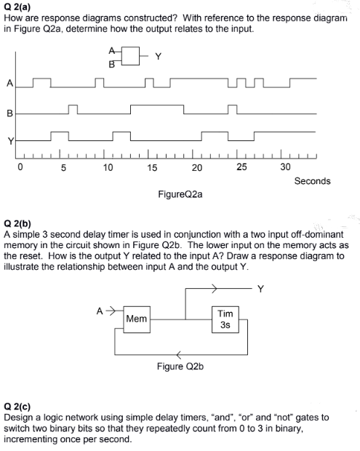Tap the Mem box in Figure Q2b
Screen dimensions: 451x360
(x=136, y=319)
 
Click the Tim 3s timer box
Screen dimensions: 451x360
(x=225, y=319)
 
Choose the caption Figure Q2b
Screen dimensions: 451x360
(x=180, y=366)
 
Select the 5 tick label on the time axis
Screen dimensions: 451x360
(x=64, y=167)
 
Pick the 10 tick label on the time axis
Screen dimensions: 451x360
(x=108, y=167)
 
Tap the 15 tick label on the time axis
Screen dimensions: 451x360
(x=152, y=167)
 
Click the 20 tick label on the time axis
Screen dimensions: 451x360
(x=196, y=167)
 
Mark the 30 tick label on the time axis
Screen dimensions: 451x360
(x=285, y=167)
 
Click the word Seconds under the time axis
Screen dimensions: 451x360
(x=312, y=180)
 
